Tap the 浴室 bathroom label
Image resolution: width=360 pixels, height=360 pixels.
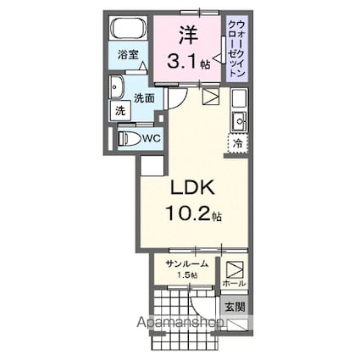tap(128, 62)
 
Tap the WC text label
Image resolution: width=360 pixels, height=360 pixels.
tap(152, 137)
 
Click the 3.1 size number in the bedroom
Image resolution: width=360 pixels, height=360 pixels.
tap(183, 61)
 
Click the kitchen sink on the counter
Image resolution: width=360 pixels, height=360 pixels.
tap(238, 119)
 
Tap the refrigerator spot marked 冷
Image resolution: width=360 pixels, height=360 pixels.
tap(238, 144)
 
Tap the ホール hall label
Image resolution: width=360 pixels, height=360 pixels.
tap(235, 283)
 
